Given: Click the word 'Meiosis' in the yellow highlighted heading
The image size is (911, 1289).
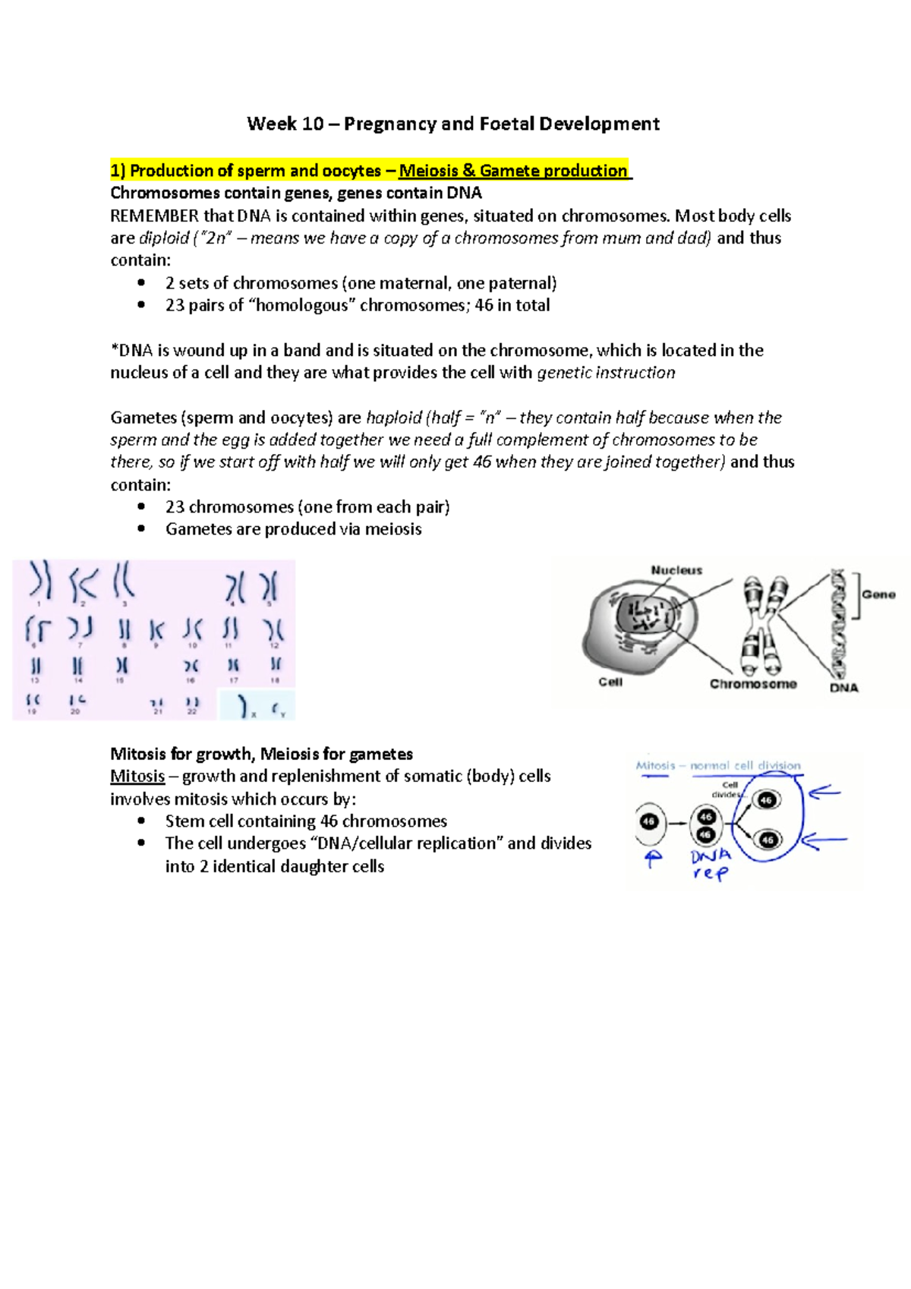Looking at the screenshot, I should [428, 171].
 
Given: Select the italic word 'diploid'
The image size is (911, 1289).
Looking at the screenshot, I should [164, 238].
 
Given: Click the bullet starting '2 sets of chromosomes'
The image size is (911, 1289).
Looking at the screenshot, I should [361, 283].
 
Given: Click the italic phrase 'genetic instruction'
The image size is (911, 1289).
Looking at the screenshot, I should [606, 373].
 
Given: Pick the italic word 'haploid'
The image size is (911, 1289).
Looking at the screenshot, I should [393, 418].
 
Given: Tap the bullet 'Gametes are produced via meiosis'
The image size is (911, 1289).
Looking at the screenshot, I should [293, 529].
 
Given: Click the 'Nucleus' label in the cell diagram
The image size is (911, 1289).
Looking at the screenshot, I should [676, 570].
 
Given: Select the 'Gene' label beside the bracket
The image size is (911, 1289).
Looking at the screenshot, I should [878, 594].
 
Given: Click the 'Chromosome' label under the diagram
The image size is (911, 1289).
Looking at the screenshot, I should [752, 684].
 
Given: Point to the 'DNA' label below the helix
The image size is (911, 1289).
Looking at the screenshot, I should [843, 688].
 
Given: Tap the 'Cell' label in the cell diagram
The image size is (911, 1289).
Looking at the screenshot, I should [610, 682].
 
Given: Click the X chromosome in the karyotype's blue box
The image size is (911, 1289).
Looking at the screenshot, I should [244, 706].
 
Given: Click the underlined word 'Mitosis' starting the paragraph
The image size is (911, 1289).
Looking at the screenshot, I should [137, 776].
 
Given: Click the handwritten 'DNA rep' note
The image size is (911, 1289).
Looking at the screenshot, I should [711, 864].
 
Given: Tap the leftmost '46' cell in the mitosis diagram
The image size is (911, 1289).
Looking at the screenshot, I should [649, 821].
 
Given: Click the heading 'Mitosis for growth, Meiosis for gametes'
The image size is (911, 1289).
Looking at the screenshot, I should [261, 754].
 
